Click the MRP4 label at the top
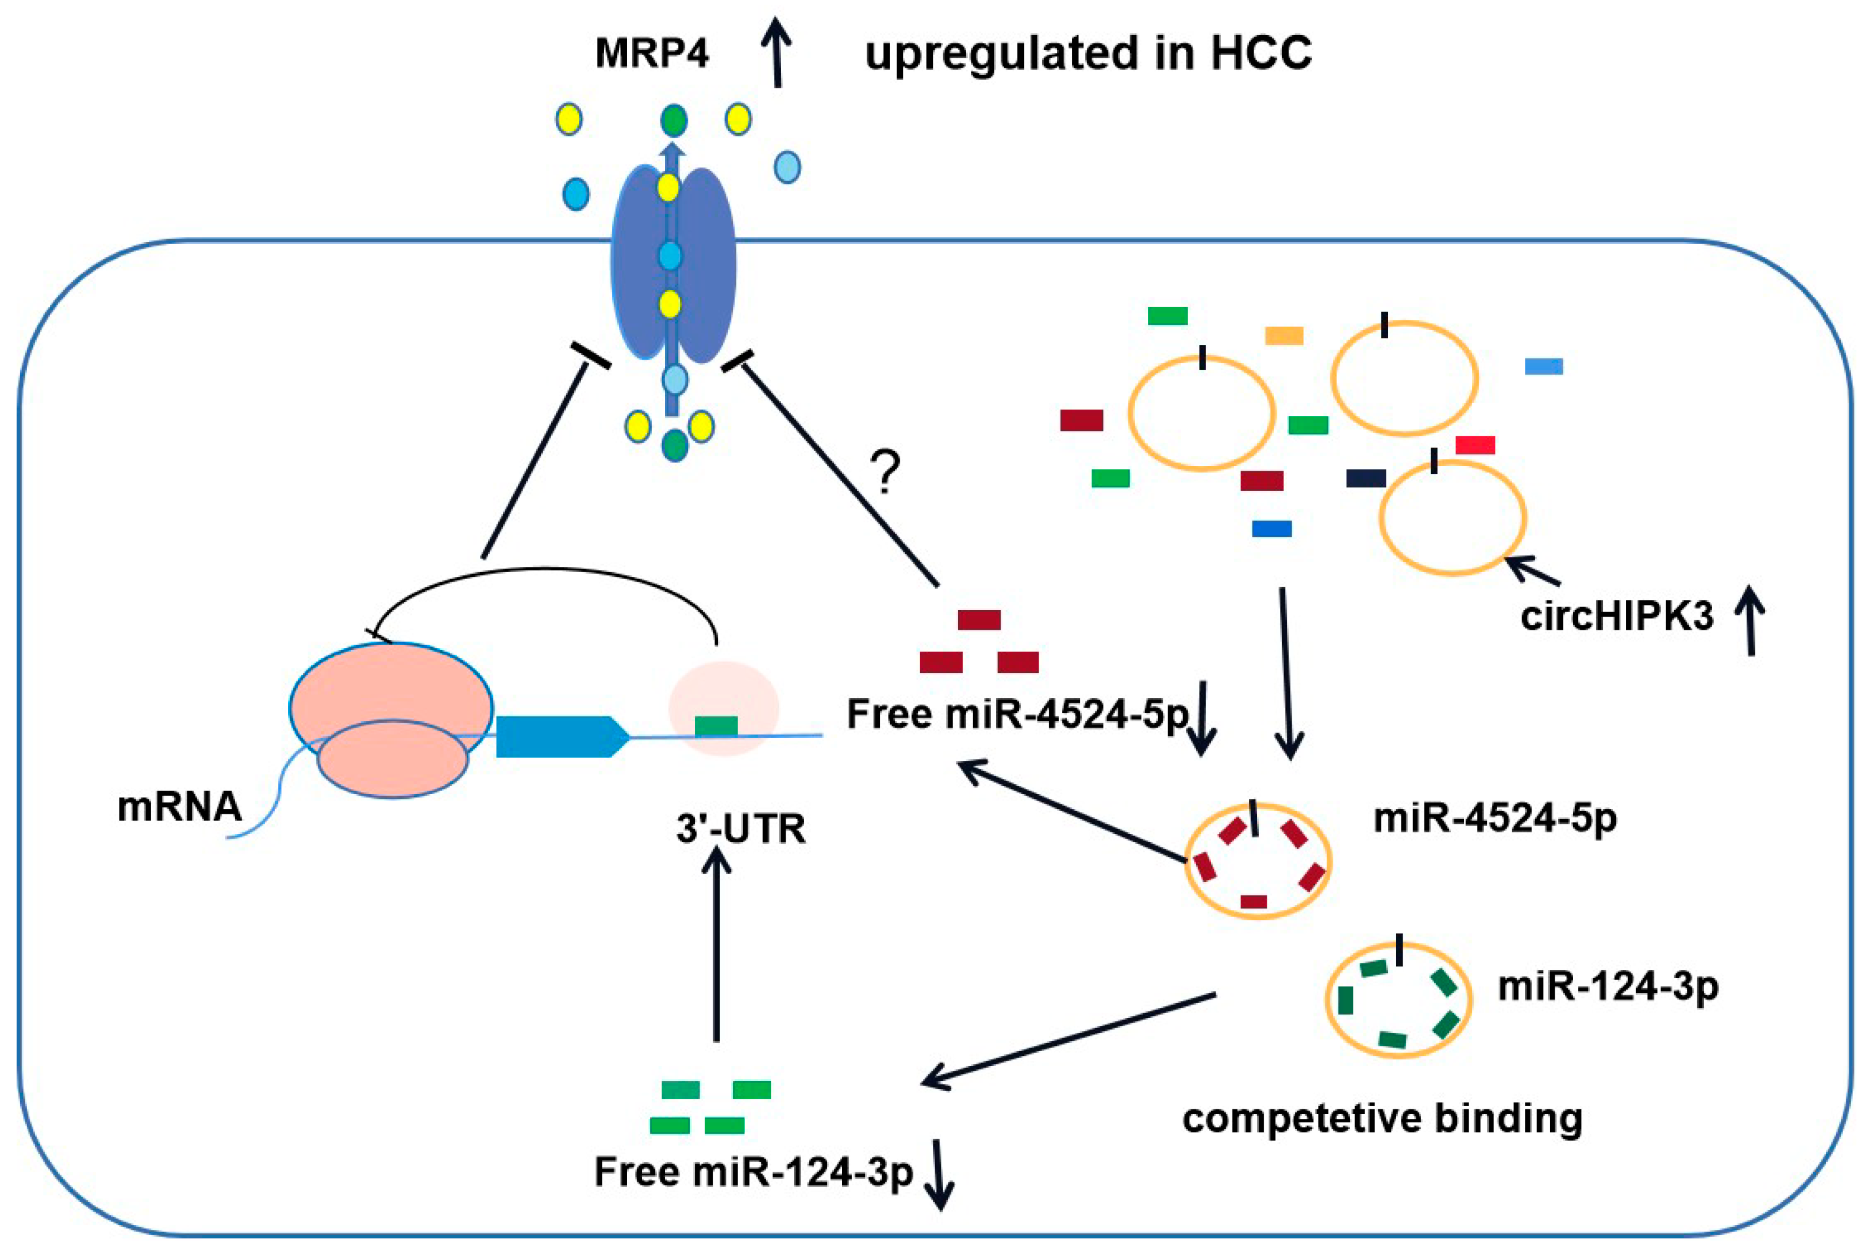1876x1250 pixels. [651, 53]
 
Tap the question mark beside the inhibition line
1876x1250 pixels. [885, 472]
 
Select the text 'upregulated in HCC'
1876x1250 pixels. [1088, 53]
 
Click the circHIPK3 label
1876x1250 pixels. [1616, 616]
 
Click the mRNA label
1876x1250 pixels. [179, 807]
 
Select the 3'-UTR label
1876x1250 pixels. [741, 829]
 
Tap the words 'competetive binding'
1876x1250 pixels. [1383, 1118]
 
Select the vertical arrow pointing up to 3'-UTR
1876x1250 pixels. [716, 945]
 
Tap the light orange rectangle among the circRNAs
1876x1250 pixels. [1284, 335]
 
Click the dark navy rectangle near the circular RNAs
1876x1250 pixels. [1365, 478]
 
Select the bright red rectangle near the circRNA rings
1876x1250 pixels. [1475, 445]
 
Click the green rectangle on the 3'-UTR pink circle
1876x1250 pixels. [716, 725]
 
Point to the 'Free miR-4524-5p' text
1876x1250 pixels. [1017, 713]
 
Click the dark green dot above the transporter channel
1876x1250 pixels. [674, 121]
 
